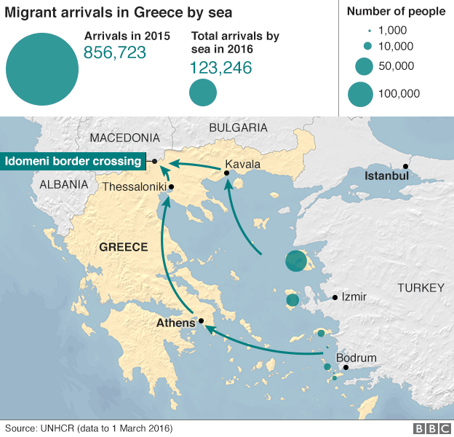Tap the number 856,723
point(115,52)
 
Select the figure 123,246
point(220,68)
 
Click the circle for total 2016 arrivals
point(203,92)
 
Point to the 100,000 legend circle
point(360,93)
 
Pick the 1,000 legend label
point(393,31)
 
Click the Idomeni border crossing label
point(72,161)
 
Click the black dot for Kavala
point(227,173)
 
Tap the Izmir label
point(354,296)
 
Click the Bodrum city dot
point(346,367)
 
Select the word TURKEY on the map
point(420,288)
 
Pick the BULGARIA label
point(238,127)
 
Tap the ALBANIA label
point(63,184)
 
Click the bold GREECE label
point(123,247)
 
